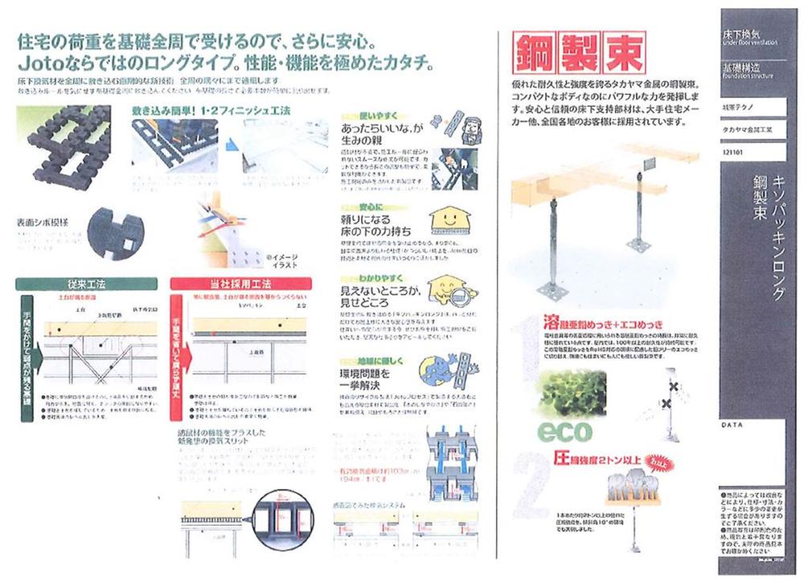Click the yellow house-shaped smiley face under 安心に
coord(443,220)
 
